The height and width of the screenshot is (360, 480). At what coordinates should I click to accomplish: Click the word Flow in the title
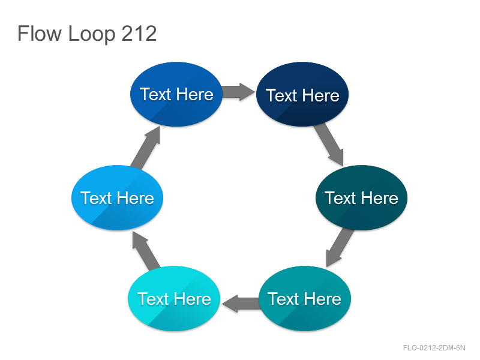40,33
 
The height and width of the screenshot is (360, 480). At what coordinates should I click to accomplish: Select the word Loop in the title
92,34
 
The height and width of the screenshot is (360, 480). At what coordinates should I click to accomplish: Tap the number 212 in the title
139,33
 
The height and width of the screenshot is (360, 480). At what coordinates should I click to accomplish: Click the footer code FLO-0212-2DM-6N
434,348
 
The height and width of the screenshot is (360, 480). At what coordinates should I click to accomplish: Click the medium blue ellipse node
176,94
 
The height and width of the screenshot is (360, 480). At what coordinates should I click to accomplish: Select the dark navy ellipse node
302,94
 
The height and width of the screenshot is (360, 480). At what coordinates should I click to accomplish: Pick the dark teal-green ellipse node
362,197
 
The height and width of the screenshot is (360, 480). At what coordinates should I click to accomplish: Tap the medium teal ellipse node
305,298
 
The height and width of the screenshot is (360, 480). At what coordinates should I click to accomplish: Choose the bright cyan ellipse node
174,298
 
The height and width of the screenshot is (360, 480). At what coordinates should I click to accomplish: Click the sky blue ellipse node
117,197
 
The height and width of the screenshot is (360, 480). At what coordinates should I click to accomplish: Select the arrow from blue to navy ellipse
238,92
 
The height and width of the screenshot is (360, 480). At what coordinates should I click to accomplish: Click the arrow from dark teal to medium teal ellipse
340,247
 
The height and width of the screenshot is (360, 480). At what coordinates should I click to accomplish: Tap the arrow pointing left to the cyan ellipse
241,304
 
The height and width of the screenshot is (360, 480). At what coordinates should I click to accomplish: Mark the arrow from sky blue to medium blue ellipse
145,148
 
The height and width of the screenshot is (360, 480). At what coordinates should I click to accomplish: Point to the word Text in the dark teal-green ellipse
340,198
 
